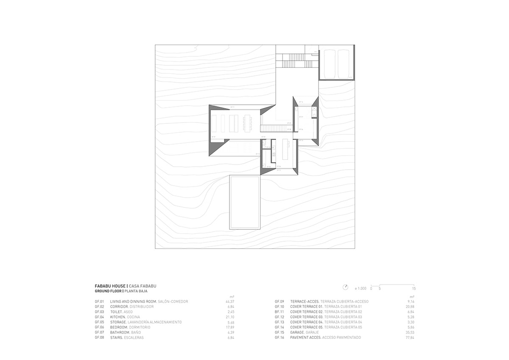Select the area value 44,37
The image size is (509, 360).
pos(230,301)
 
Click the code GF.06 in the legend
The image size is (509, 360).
pos(100,327)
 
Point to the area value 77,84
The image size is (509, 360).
pos(409,338)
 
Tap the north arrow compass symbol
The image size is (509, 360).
pos(346,286)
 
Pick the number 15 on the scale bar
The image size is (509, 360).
pos(414,288)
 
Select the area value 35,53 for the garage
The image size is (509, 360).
pos(409,332)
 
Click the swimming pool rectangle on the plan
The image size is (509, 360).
pos(245,202)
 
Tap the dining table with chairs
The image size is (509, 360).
pos(246,123)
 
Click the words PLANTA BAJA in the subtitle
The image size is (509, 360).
pos(136,291)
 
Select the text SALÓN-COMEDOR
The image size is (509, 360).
pos(173,301)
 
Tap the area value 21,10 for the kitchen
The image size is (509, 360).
pos(230,317)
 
